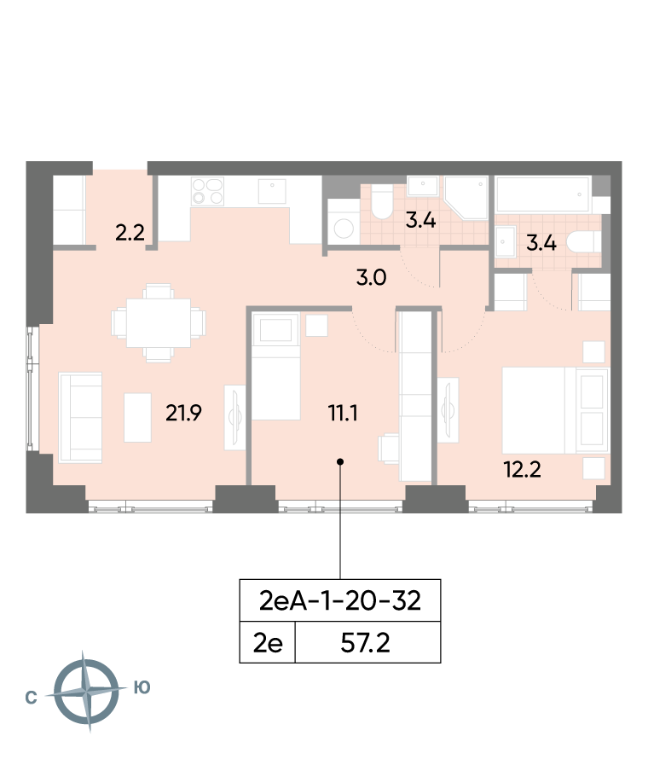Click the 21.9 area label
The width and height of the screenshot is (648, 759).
pyautogui.click(x=183, y=413)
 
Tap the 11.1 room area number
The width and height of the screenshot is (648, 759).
pyautogui.click(x=343, y=413)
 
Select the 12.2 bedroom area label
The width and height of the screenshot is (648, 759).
pyautogui.click(x=522, y=470)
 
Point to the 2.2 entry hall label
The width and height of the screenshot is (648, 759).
pyautogui.click(x=130, y=233)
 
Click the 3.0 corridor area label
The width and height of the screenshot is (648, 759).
pyautogui.click(x=371, y=278)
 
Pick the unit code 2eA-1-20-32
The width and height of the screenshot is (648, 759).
pyautogui.click(x=340, y=600)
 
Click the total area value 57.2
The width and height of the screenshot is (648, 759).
pyautogui.click(x=366, y=643)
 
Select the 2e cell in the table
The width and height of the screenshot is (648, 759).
pyautogui.click(x=268, y=643)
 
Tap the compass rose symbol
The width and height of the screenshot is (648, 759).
pyautogui.click(x=87, y=692)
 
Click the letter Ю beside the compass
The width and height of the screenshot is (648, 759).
pyautogui.click(x=142, y=687)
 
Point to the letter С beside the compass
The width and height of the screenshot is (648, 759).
pyautogui.click(x=31, y=698)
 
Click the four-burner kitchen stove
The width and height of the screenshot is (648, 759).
pyautogui.click(x=207, y=191)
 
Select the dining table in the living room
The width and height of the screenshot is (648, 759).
pyautogui.click(x=159, y=323)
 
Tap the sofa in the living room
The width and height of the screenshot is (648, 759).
pyautogui.click(x=80, y=418)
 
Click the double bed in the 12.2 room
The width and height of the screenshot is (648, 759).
pyautogui.click(x=554, y=410)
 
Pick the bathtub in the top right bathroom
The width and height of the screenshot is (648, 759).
pyautogui.click(x=543, y=194)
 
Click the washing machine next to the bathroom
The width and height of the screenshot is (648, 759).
pyautogui.click(x=344, y=223)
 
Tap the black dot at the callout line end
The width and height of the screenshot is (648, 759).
pyautogui.click(x=340, y=461)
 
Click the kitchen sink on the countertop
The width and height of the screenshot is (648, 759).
pyautogui.click(x=272, y=191)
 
